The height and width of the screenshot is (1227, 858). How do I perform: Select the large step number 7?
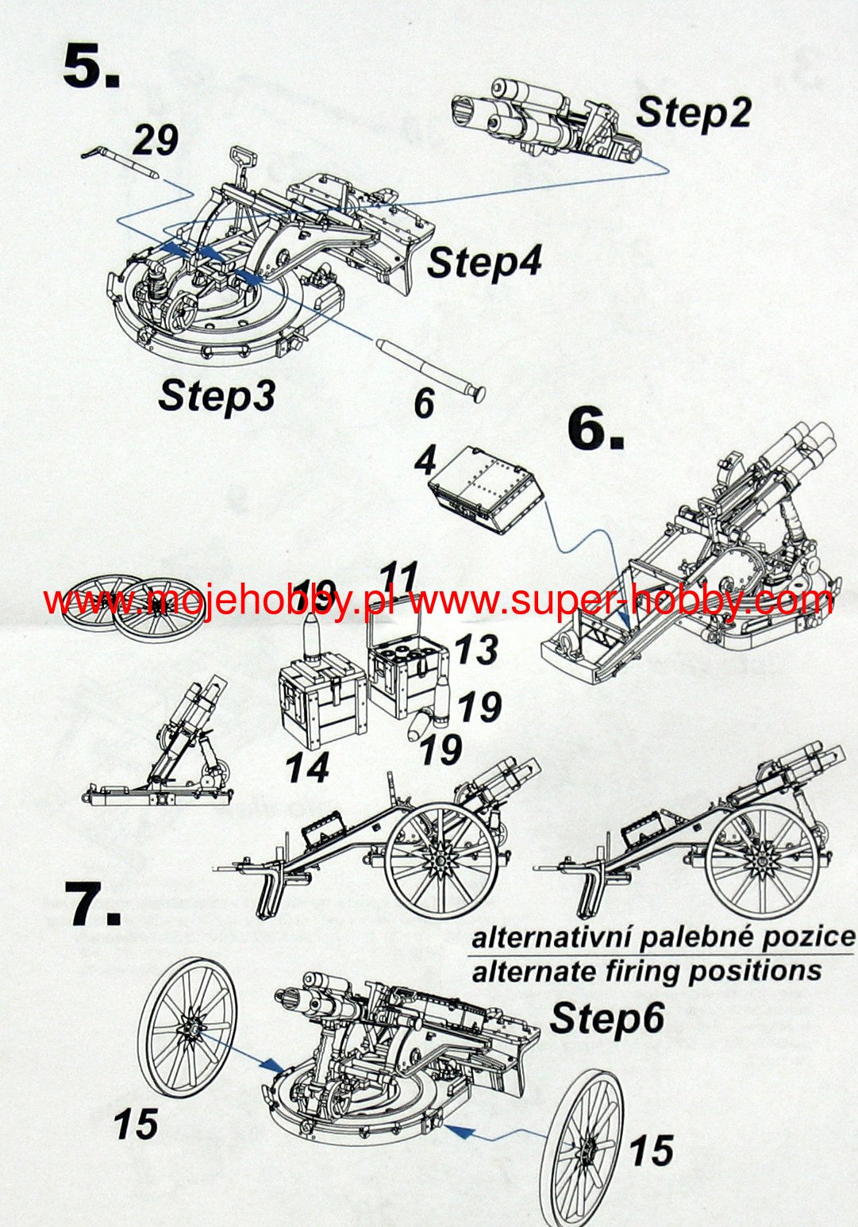tap(93, 906)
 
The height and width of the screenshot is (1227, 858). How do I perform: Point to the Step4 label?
tap(485, 261)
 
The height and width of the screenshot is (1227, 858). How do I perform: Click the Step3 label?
tap(216, 394)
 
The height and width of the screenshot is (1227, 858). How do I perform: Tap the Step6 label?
tap(607, 1018)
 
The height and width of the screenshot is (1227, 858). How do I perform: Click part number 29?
tap(155, 140)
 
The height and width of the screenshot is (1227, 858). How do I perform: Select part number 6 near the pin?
tap(425, 403)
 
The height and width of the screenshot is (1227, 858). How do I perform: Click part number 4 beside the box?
tap(425, 460)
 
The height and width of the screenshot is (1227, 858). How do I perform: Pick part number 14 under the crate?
tap(307, 767)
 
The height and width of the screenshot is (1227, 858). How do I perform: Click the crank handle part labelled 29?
tap(119, 161)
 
